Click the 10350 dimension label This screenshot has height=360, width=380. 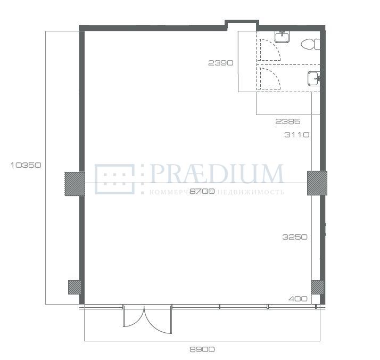[x=26, y=165]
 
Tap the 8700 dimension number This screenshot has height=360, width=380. [x=202, y=192]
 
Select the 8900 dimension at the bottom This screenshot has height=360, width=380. [x=202, y=349]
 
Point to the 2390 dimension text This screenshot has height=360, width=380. [x=221, y=63]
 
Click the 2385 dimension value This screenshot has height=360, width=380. [x=288, y=121]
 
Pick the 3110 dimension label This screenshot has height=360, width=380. [x=297, y=135]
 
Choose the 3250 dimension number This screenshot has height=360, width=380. [x=295, y=237]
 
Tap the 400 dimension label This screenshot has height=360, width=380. [x=298, y=299]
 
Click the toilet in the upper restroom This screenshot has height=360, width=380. [x=310, y=44]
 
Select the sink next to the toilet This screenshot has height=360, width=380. [x=282, y=37]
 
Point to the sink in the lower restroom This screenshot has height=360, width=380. [x=314, y=78]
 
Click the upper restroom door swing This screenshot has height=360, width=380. [x=269, y=50]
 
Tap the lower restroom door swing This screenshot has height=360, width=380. [x=269, y=78]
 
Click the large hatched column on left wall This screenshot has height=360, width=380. [x=75, y=184]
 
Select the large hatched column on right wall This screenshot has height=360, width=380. [x=317, y=183]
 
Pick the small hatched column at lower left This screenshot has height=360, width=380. [x=75, y=287]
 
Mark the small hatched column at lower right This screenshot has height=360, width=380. [x=317, y=287]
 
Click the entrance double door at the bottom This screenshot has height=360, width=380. [x=147, y=319]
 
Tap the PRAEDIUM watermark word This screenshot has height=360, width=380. [x=217, y=174]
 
